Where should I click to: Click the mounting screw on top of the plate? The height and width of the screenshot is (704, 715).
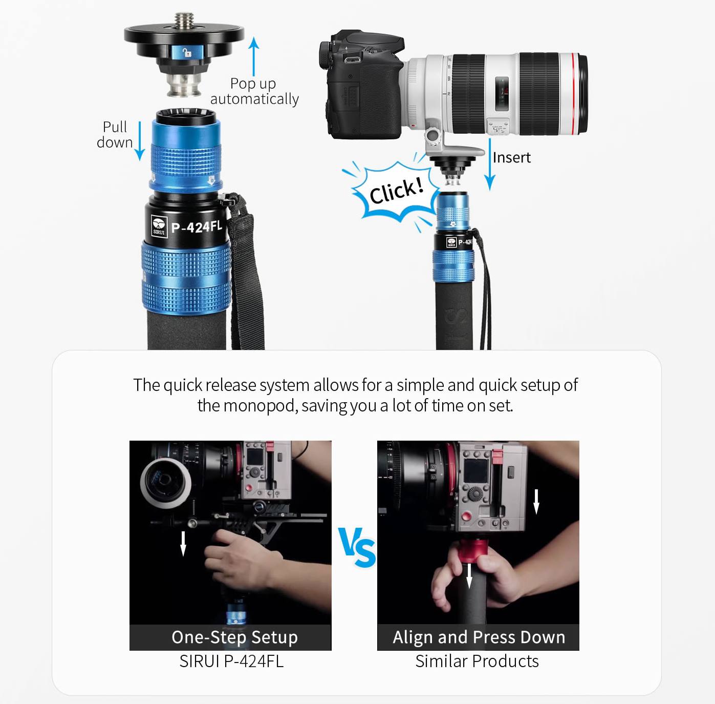pos(184,21)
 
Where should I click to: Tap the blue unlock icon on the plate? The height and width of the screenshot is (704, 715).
pos(187,52)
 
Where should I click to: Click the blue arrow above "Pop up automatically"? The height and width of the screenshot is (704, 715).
pos(254,56)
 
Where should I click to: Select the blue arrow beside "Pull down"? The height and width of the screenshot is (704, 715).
pos(140,141)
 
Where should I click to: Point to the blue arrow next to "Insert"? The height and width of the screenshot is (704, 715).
pos(490,164)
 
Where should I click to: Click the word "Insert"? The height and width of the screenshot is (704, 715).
pos(512,157)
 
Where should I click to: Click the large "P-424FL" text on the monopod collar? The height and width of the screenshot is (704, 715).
pos(197,226)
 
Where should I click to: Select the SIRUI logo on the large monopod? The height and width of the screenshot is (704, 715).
pos(159,226)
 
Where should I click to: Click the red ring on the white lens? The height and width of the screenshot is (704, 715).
pos(575,93)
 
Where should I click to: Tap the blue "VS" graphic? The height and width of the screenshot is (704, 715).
pos(357,547)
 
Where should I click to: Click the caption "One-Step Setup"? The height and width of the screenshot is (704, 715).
pos(234,637)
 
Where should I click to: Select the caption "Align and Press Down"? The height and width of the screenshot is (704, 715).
pos(479,637)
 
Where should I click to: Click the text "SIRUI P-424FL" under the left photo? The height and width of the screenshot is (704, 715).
pos(231,661)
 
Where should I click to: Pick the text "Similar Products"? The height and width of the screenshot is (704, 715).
pos(477,661)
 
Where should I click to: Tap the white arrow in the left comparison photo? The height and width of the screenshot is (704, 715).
pos(183,544)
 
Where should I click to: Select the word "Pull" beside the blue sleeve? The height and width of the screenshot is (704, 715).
pos(115,127)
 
